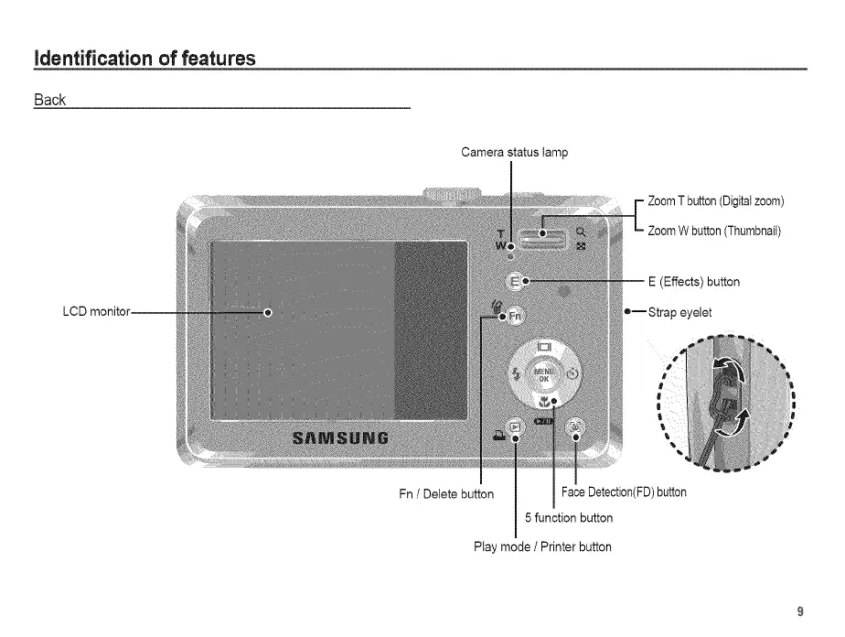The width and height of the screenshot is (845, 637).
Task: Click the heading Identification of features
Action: pos(144,59)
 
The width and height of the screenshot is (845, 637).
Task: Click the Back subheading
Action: pos(49,100)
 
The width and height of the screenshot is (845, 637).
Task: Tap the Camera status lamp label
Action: pos(514,152)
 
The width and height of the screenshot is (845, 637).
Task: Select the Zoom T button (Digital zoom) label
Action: pos(716,201)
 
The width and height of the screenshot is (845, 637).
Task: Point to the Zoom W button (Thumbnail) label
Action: pos(714,231)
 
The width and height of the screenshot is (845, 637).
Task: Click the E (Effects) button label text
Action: pos(693,282)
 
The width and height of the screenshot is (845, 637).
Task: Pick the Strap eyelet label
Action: pos(679,312)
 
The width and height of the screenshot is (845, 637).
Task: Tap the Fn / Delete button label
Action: pos(446,494)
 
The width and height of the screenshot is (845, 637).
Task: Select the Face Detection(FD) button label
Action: pos(624,492)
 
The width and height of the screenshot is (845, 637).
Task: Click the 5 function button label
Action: pos(569,518)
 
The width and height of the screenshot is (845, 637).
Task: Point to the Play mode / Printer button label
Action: pos(542,547)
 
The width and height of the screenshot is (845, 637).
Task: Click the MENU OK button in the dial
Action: pos(543,373)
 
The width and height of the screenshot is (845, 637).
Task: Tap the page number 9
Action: pos(800,611)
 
